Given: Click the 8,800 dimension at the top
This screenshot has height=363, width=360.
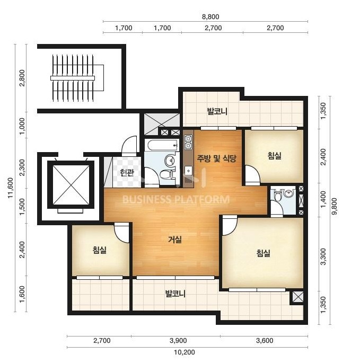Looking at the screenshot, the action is point(210,16).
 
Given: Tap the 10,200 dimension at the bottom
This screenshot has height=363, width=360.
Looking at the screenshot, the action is point(185,352).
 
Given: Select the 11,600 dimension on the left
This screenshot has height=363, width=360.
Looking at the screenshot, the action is point(10,188).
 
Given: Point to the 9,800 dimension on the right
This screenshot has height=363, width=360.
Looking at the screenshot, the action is point(335,207).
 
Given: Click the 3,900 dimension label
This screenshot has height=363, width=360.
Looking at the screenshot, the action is point(178,341).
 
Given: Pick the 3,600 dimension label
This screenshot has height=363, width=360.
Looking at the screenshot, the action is point(265,341).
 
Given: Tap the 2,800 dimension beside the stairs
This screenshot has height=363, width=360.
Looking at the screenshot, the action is point(22,78).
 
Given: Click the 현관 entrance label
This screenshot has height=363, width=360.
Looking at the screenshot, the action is point(127,172).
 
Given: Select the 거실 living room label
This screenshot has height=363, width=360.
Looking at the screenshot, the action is point(175,240).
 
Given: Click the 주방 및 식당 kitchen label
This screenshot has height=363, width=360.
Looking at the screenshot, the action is point(217,158).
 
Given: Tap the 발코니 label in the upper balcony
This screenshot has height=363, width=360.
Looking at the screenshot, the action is point(217,111).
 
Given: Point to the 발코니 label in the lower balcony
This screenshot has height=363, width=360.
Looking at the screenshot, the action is point(175,294).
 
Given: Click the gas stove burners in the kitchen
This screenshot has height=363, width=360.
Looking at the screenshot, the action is point(188,143).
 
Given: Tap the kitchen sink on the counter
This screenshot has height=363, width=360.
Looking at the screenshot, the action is point(189,171).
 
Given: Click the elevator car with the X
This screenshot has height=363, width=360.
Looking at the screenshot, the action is point(71,185).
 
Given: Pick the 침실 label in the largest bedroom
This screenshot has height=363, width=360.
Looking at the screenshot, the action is point(264,253).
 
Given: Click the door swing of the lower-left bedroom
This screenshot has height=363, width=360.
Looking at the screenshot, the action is point(122,233).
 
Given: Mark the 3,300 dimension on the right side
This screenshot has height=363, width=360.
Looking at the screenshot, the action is point(323,256).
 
